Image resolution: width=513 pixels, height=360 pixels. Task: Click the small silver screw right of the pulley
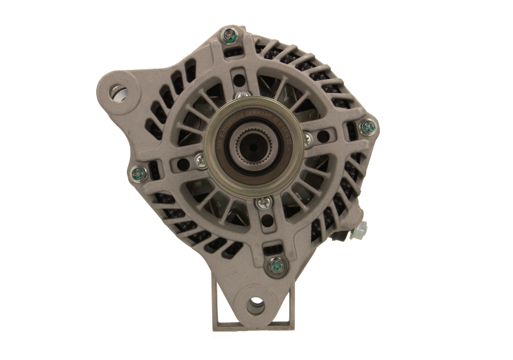(308, 137)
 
